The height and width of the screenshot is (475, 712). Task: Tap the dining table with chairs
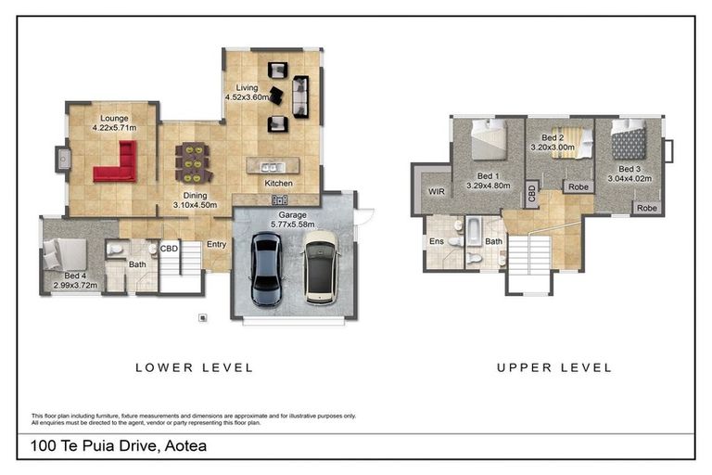[194, 161]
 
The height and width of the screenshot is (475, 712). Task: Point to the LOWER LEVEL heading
[194, 367]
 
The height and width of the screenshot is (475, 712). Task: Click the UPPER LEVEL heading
[553, 367]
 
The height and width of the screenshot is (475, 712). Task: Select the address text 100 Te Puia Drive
[118, 446]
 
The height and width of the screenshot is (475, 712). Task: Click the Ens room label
[436, 241]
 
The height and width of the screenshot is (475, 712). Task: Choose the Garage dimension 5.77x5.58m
[293, 225]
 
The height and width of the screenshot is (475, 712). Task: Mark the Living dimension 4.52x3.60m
[247, 96]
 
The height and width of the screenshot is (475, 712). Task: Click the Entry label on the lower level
[216, 245]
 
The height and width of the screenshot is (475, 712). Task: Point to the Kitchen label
[278, 184]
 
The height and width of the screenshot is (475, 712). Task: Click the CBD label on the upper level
[531, 194]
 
